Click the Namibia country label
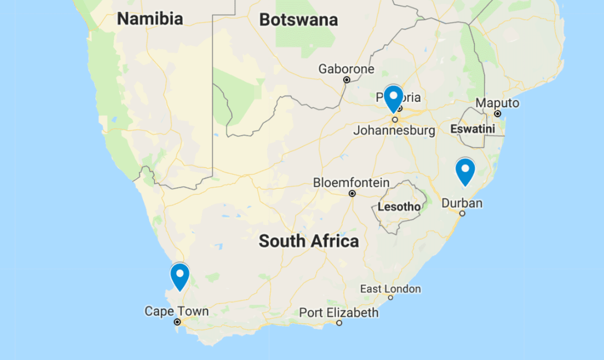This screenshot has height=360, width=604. (x=150, y=19)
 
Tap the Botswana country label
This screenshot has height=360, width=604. (x=298, y=20)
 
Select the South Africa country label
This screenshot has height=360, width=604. (x=309, y=241)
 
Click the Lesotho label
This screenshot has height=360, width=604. (x=399, y=207)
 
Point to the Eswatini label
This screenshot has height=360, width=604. (x=473, y=129)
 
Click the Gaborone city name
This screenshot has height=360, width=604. (x=346, y=69)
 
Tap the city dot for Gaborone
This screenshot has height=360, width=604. (x=347, y=80)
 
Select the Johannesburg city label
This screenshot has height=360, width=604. (x=394, y=131)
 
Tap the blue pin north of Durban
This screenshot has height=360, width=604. (x=465, y=171)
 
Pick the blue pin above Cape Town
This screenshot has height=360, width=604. (x=180, y=276)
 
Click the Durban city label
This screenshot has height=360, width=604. (x=462, y=203)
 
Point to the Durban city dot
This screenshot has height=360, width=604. (x=462, y=213)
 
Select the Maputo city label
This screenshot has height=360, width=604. (x=497, y=103)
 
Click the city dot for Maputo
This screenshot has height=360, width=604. (x=497, y=114)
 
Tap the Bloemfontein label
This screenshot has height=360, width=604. (x=351, y=183)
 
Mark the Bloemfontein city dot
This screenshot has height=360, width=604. (x=352, y=193)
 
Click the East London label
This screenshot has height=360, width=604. (x=391, y=289)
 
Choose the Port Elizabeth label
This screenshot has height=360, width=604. (x=339, y=313)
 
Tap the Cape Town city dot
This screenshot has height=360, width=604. (x=177, y=322)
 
